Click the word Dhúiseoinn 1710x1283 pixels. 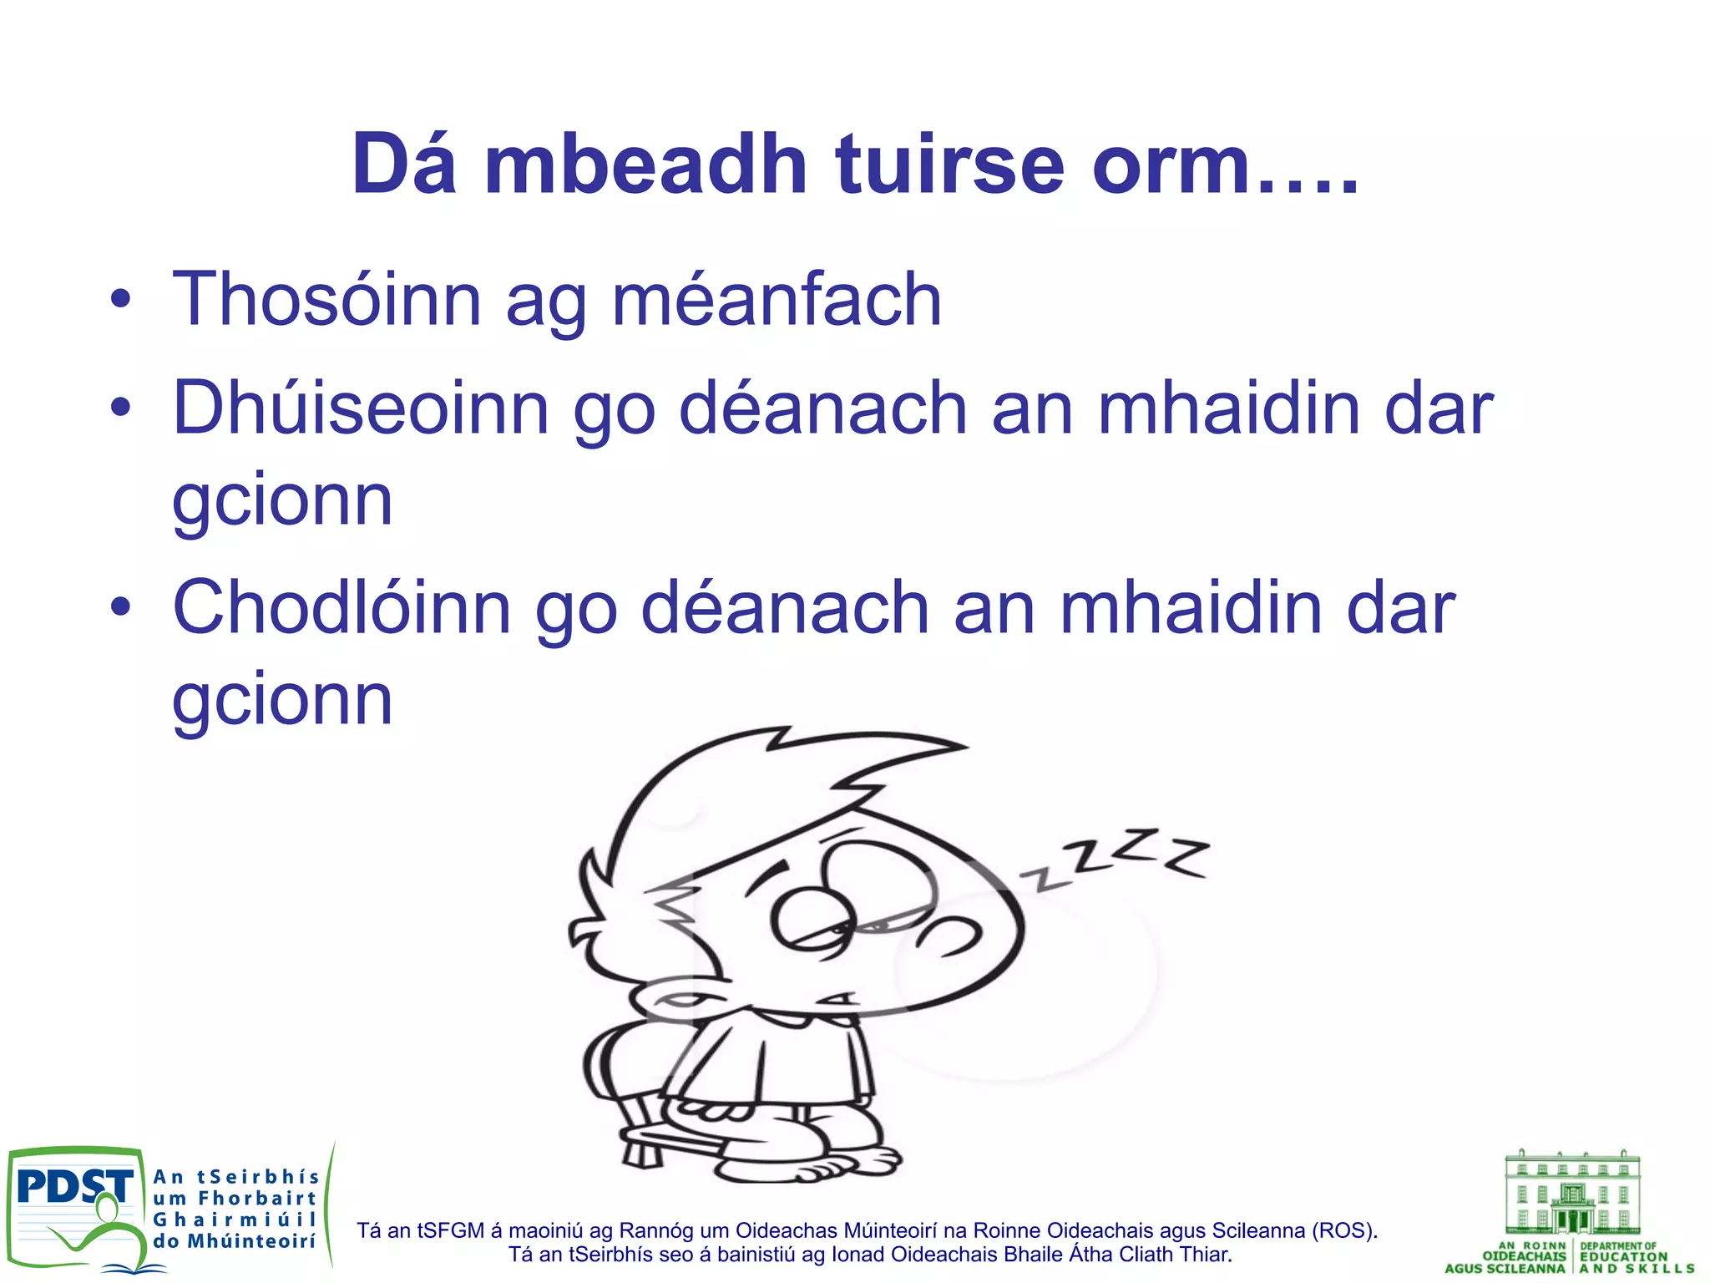[360, 408]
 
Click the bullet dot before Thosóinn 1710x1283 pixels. [120, 301]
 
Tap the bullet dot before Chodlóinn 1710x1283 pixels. [120, 609]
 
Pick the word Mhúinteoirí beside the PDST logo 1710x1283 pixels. [250, 1241]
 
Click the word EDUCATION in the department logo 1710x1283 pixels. [1623, 1256]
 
